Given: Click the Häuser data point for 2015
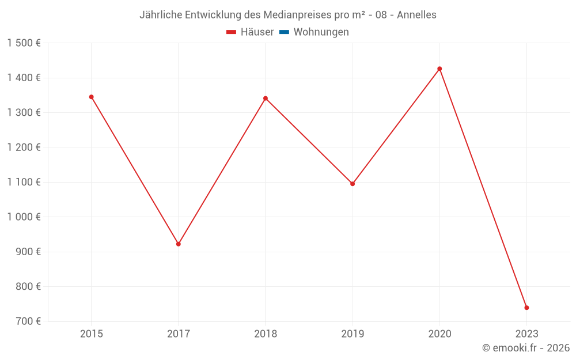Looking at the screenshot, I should (x=91, y=97).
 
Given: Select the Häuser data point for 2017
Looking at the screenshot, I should (x=179, y=244).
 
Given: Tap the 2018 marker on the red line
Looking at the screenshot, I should (x=266, y=98).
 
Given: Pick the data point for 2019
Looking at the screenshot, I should (x=353, y=184).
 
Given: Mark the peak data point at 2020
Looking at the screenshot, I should (x=439, y=69).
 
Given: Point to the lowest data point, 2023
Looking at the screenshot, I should (x=526, y=308).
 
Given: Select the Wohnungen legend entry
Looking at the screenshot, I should (x=321, y=32).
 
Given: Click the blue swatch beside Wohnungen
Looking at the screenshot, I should (x=284, y=32).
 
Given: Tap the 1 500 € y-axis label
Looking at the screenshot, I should (x=24, y=43).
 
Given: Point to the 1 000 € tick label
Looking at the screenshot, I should (x=24, y=217).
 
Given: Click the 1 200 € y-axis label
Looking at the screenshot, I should (x=24, y=147).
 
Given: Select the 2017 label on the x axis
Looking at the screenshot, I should (x=179, y=334).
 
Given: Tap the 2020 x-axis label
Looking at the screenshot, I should (x=439, y=334).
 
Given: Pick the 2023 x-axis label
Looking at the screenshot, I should (x=526, y=334).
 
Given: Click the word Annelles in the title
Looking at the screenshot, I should (x=416, y=15).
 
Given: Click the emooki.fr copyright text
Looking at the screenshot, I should (x=526, y=348).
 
